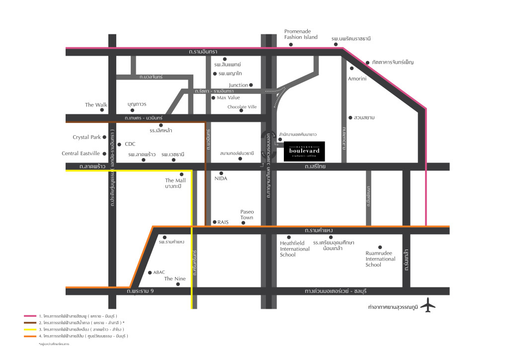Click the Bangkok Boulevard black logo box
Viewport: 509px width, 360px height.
coord(305,151)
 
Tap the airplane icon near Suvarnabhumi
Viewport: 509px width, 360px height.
coord(427,305)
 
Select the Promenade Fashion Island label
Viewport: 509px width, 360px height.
coord(301,34)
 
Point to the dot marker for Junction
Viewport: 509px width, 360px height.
coord(251,85)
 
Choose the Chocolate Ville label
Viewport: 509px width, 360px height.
coord(242,106)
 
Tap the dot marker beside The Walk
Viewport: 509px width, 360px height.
coord(102,109)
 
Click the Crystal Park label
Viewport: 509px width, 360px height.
coord(86,137)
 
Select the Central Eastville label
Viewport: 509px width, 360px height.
coord(81,154)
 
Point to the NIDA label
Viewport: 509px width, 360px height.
coord(221,178)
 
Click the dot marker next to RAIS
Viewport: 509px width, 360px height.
coord(214,222)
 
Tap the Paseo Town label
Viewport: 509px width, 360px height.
coord(247,214)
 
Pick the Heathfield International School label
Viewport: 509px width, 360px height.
coord(295,249)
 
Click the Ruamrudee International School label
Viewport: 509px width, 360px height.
coord(380,259)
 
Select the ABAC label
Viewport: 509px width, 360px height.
coord(159,272)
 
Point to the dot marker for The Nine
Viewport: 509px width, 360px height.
coord(178,285)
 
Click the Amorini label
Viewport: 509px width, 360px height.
coord(357,79)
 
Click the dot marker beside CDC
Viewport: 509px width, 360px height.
coord(119,144)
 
